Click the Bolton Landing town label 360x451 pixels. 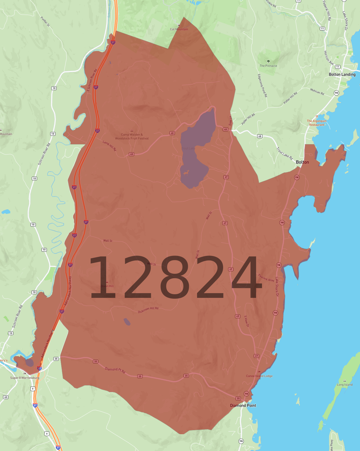tap(342, 74)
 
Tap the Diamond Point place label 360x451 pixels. tap(243, 405)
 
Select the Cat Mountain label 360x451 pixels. tap(179, 29)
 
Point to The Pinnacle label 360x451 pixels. tap(268, 66)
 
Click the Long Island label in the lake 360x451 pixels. tap(345, 385)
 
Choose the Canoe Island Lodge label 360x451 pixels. tap(259, 376)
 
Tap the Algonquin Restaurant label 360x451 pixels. tap(317, 123)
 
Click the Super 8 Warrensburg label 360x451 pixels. tap(25, 378)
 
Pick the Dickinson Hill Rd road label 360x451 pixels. tap(148, 310)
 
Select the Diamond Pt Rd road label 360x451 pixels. tap(115, 370)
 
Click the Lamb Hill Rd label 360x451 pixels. tap(109, 146)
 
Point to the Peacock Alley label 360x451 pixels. tap(266, 278)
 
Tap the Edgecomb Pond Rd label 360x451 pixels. tap(262, 85)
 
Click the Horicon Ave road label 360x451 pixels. tap(329, 58)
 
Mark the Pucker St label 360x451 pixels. tap(45, 22)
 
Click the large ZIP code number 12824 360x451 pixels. tap(175, 277)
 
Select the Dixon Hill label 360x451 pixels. tap(107, 286)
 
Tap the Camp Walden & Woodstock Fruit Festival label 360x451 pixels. tap(132, 136)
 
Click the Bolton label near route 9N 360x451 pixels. tap(302, 162)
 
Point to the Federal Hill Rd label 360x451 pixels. tap(327, 11)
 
